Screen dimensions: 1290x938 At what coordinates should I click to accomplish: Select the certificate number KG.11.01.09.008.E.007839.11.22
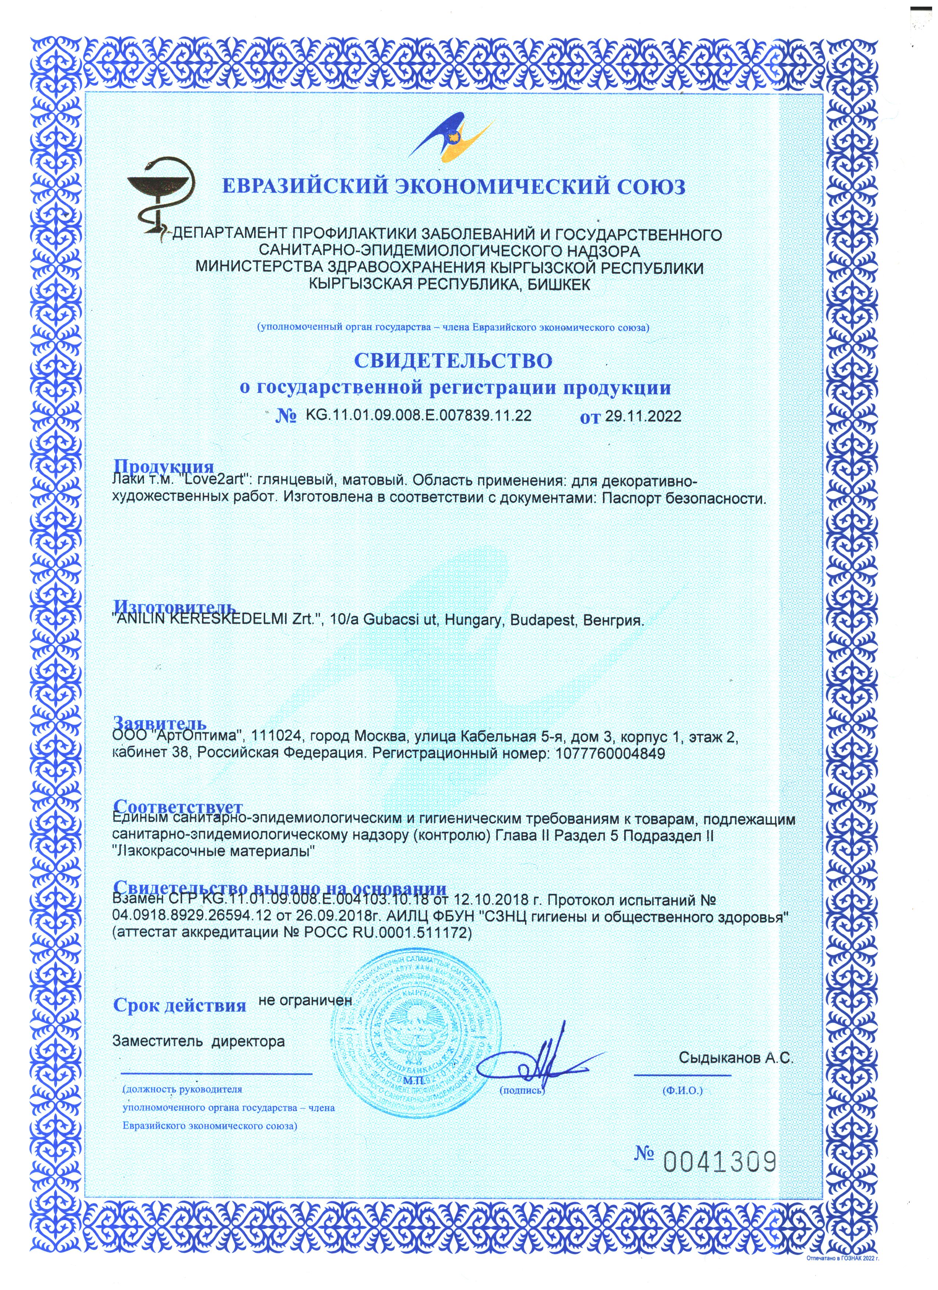(x=419, y=416)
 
